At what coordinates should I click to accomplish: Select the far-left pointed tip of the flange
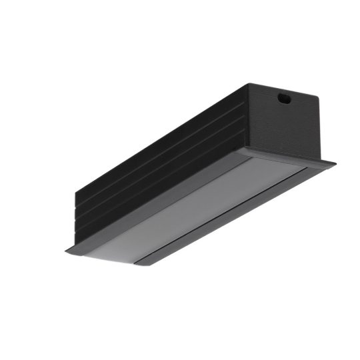[x=65, y=251]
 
